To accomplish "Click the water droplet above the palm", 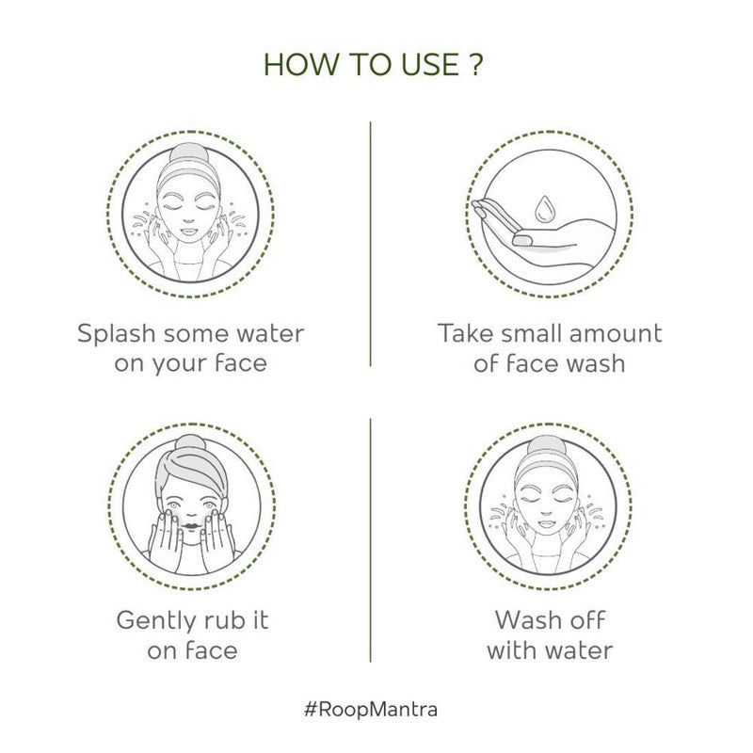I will [x=544, y=205].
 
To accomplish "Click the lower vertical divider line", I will [x=370, y=540].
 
